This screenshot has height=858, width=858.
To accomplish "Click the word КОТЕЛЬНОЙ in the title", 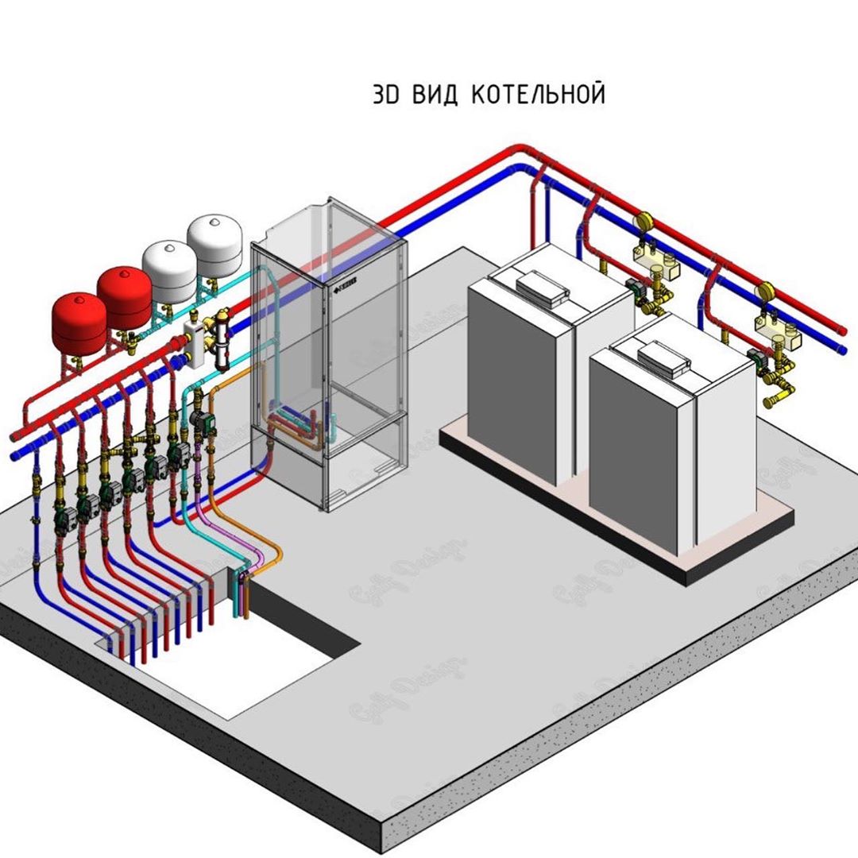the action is [x=538, y=95].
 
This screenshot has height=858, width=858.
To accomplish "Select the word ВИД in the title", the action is [x=435, y=95].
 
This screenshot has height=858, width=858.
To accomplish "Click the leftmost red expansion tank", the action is [x=78, y=321].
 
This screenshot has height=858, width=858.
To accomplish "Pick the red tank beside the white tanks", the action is [x=124, y=294].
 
